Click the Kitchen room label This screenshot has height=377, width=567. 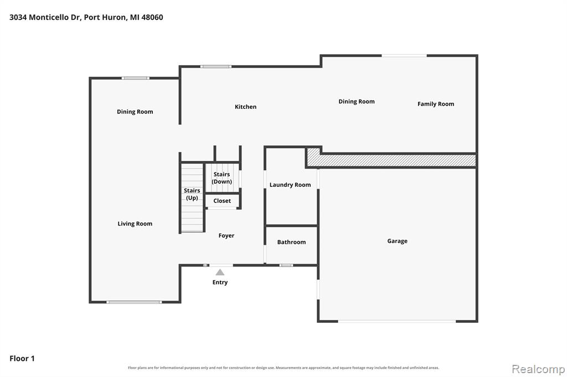[245, 107]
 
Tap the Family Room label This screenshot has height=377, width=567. [436, 104]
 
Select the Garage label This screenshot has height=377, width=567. [397, 241]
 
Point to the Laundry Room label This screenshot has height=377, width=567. [290, 185]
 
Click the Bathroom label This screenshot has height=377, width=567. [291, 242]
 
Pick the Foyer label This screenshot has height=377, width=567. [226, 236]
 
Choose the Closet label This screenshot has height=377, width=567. [222, 201]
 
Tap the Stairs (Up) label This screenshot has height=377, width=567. [192, 194]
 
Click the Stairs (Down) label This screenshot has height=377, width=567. [221, 178]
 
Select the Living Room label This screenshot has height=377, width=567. [135, 224]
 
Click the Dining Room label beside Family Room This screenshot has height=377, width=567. [357, 102]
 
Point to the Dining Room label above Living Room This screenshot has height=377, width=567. [135, 112]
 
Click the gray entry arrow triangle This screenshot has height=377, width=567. [220, 273]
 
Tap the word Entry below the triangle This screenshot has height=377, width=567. [220, 282]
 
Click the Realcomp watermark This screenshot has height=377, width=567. [538, 369]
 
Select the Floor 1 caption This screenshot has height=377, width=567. [22, 359]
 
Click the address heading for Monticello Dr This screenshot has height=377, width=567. [86, 17]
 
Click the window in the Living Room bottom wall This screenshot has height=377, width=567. [134, 302]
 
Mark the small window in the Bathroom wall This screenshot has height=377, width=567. [286, 265]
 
